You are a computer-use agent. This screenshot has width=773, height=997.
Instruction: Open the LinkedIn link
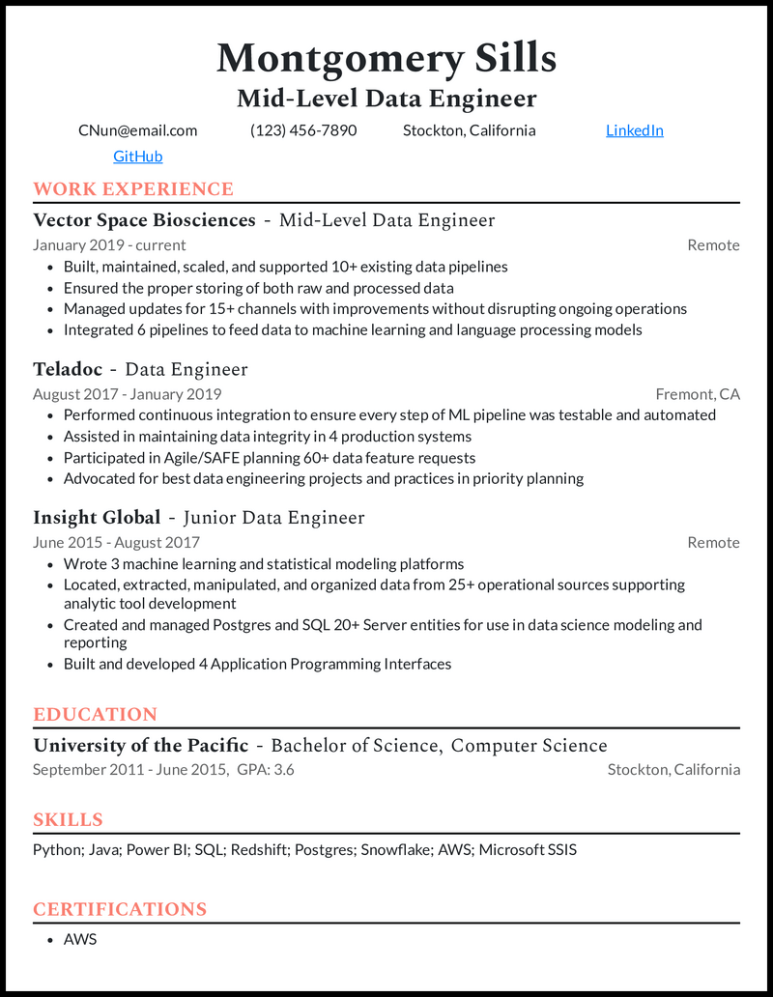pos(634,130)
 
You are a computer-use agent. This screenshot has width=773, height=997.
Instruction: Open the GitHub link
pos(137,157)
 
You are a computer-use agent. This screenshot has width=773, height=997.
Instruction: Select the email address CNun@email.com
pos(137,130)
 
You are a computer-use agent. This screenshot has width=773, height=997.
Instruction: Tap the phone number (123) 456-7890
pos(303,130)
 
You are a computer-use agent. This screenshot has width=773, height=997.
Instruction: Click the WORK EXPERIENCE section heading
pos(133,189)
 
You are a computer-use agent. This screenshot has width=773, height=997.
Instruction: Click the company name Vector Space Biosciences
pos(144,220)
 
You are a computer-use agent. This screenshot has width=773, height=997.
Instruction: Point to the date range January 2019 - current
pos(109,245)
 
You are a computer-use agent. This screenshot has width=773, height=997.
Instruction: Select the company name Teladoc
pos(68,369)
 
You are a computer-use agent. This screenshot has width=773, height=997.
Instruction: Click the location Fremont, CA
pos(698,394)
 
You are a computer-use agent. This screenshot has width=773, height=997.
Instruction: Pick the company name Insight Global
pos(97,518)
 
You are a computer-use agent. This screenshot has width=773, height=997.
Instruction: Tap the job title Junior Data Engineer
pos(273,518)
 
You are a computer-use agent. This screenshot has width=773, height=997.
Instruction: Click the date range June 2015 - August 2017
pos(116,543)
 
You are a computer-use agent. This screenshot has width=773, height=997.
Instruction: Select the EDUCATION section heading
pos(95,715)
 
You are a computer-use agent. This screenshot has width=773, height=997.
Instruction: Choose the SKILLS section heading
pos(68,820)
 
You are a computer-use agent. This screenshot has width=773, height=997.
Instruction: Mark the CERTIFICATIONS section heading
pos(120,909)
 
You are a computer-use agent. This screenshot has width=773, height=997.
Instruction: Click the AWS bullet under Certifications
pos(80,939)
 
